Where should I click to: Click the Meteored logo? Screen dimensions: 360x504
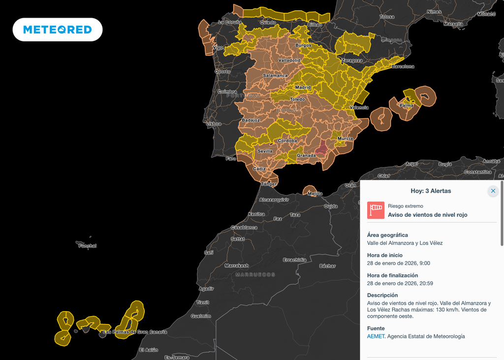tap(58, 30)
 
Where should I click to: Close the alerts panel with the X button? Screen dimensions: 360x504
tap(493, 191)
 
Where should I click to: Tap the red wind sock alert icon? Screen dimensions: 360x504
tap(376, 210)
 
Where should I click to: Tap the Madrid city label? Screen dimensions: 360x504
tap(303, 88)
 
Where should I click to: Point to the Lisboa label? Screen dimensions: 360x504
tap(214, 124)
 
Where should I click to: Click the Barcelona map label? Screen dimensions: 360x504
tap(403, 66)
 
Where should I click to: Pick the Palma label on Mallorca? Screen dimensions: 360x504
tap(407, 105)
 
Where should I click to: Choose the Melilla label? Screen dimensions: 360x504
tap(315, 194)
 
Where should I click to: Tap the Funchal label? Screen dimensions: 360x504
tap(88, 246)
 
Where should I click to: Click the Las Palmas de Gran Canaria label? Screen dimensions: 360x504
tap(135, 332)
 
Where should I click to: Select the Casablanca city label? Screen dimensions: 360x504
tap(244, 228)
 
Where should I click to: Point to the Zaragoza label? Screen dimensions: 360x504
tap(352, 61)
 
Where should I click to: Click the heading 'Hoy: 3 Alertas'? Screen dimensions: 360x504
tap(431, 191)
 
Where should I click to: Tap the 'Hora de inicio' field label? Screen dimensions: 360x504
tap(384, 255)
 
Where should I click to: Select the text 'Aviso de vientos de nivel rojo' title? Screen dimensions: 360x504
tap(427, 215)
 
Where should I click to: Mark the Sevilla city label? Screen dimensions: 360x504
tap(265, 151)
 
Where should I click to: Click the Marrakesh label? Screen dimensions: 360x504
tap(237, 265)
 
